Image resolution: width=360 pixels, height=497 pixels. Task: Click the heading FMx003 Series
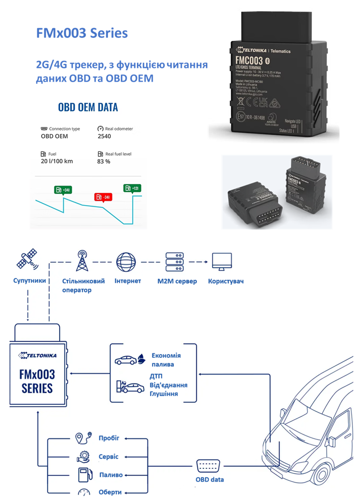coord(82,33)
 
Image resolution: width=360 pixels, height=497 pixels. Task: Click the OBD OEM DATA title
coord(88,107)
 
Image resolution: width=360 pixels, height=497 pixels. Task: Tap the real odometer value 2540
coord(104,136)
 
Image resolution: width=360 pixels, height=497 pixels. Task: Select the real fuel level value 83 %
coord(104,162)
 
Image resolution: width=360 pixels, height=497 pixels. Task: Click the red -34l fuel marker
coord(103,197)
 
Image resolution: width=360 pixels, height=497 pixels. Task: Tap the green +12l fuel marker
coord(132,188)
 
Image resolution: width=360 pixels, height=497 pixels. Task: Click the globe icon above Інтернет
coord(127,261)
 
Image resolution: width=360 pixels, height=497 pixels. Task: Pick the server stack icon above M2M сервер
coord(175,262)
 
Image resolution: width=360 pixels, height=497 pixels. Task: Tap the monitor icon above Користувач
coord(222,262)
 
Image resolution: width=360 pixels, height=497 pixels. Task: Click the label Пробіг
coord(109,438)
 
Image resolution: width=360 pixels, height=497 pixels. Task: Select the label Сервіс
coord(108,456)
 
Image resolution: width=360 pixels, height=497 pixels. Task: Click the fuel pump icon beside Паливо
coord(83,475)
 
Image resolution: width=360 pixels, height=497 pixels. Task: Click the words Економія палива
coord(166,360)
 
